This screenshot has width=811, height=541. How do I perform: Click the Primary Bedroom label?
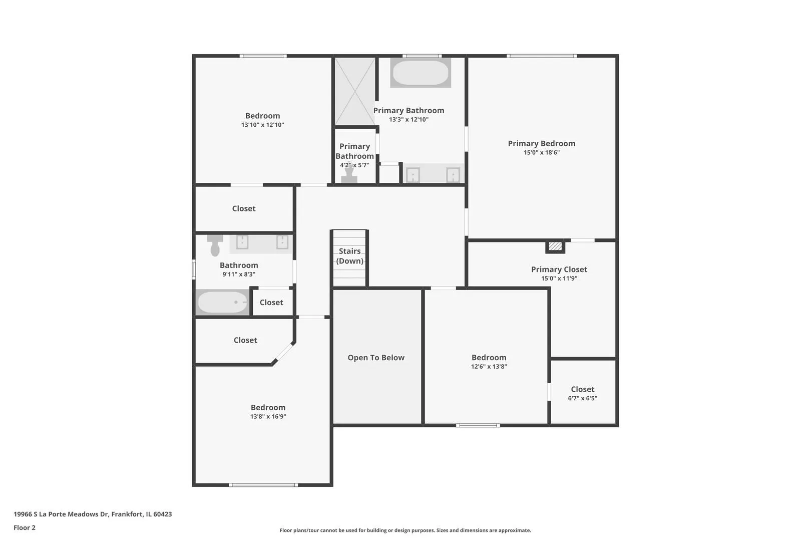[541, 143]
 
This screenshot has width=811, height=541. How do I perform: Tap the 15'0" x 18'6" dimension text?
[541, 153]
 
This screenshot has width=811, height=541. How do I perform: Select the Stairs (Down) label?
[349, 256]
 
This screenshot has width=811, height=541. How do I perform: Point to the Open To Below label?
[376, 358]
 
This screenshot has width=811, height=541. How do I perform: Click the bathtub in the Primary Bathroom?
[421, 73]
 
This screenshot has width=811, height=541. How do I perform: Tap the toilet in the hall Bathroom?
[215, 245]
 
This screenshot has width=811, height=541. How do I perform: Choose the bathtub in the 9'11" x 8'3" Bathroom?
[222, 302]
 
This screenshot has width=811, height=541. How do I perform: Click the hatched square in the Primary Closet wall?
[555, 246]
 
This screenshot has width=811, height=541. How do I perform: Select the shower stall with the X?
[355, 92]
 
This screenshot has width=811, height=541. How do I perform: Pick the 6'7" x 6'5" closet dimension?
[582, 398]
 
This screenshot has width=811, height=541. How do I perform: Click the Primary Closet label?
[559, 269]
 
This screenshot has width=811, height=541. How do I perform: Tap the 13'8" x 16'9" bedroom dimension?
[268, 417]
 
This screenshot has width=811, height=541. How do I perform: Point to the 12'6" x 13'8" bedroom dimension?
[489, 367]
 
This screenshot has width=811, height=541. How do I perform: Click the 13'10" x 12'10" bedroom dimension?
[262, 125]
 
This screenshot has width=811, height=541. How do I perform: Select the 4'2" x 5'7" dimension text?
[354, 165]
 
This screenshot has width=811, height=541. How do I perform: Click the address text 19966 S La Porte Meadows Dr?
[61, 514]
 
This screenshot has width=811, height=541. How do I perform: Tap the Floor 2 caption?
[25, 527]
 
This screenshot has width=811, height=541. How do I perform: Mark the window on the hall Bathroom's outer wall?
[194, 269]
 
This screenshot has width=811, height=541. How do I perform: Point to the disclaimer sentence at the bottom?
[405, 530]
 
